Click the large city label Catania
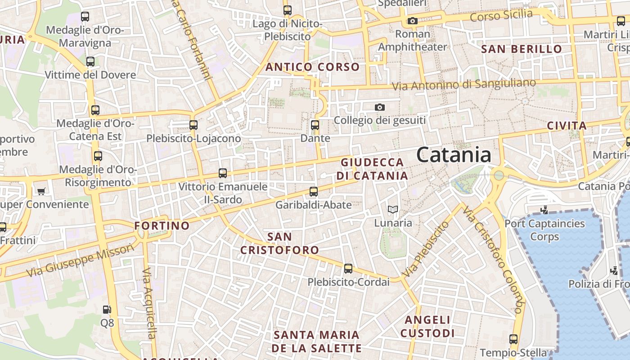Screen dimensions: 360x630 click(454, 155)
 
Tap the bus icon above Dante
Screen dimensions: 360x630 click(315, 125)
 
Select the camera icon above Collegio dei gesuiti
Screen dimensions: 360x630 click(380, 107)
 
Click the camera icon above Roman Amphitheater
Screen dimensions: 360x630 click(412, 21)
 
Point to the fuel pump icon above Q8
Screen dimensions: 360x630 click(107, 310)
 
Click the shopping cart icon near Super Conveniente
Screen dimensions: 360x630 click(41, 192)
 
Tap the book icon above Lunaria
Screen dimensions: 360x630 click(393, 209)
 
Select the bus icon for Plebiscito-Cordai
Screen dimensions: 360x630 click(348, 269)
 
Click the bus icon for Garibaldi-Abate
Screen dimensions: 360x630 click(314, 192)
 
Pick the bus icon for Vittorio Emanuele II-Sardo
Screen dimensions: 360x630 click(222, 173)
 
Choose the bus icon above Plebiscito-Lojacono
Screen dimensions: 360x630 click(193, 125)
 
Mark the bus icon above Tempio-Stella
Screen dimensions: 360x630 click(513, 339)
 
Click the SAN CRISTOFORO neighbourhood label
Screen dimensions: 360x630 click(279, 243)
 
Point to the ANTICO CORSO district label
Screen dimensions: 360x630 click(312, 67)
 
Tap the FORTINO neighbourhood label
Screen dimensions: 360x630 click(162, 225)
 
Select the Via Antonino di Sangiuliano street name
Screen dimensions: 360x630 click(463, 84)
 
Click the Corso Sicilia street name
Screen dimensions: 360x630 click(501, 15)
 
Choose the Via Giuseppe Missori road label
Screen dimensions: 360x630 click(81, 261)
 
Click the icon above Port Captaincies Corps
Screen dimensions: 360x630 click(544, 210)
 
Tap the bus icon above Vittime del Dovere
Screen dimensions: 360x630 click(90, 62)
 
